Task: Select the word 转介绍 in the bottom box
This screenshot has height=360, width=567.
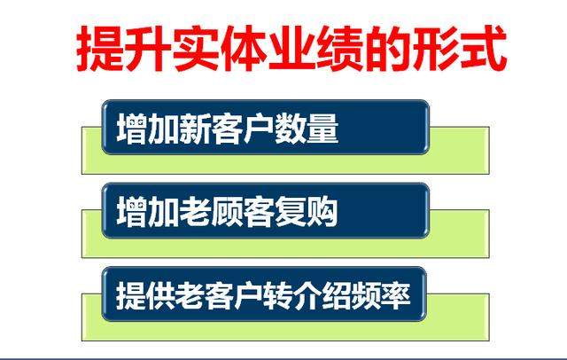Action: coord(310,294)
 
